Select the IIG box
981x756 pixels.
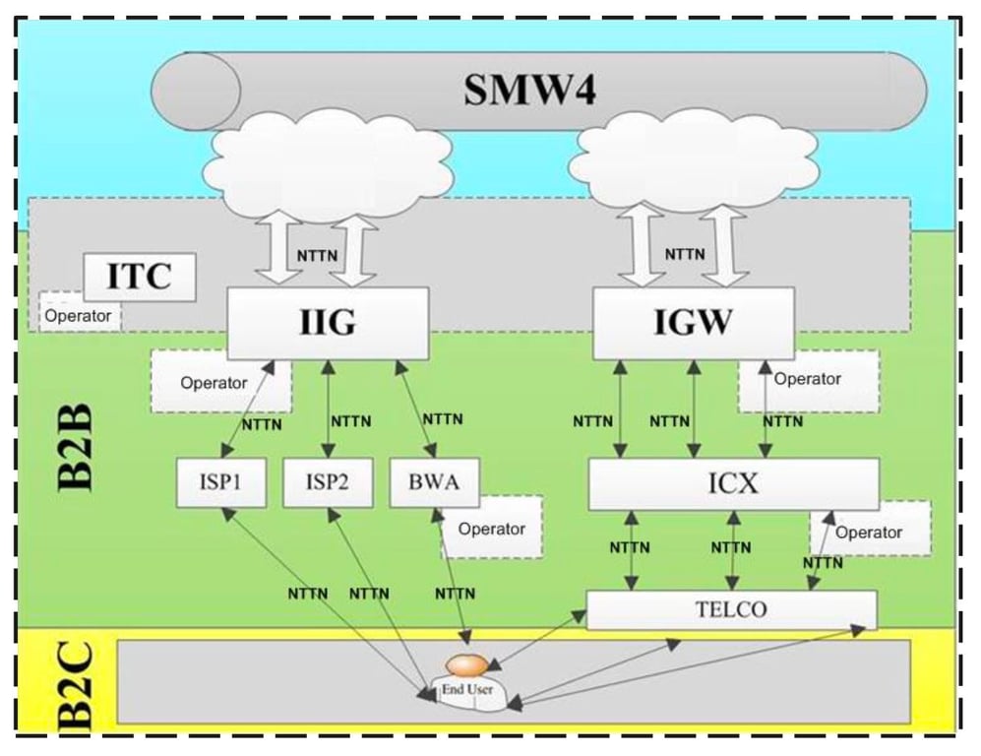328,323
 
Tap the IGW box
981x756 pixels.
693,323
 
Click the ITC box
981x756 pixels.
139,277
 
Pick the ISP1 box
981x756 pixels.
221,482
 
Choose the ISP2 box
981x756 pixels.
328,482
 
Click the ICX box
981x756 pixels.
733,483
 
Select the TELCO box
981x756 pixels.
731,609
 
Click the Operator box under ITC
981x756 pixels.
78,316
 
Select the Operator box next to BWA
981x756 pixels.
492,529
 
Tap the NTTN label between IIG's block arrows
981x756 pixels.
319,255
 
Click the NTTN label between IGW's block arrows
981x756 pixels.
685,254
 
